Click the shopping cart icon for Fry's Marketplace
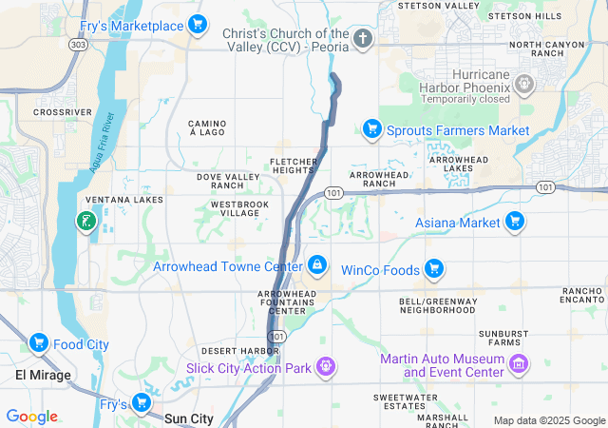coord(197,25)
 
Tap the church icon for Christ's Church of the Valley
coord(362,39)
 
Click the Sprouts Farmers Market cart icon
coord(371,129)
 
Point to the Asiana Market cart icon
coord(514,222)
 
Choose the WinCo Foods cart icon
coord(434,270)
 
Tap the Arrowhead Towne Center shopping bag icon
coord(317,265)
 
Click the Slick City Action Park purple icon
coord(326,366)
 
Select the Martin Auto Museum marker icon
coord(519,364)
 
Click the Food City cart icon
coord(39,343)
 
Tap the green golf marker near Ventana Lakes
coord(85,222)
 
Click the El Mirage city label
coord(43,375)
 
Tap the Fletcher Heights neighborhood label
coord(292,165)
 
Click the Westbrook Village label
coord(239,208)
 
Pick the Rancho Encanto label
coord(581,294)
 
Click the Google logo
coord(32,417)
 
